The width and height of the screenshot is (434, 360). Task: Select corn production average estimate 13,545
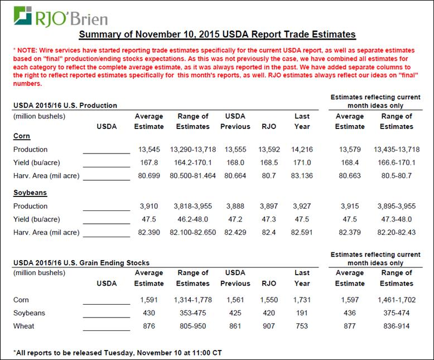[149, 150]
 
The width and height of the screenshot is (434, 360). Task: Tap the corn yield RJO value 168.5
[268, 163]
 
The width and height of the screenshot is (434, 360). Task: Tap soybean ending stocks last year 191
[302, 313]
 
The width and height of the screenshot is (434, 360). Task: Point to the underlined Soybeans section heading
[30, 192]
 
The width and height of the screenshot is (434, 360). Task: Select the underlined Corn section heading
[21, 136]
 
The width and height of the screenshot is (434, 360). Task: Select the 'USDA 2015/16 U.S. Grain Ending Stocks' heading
[81, 262]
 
